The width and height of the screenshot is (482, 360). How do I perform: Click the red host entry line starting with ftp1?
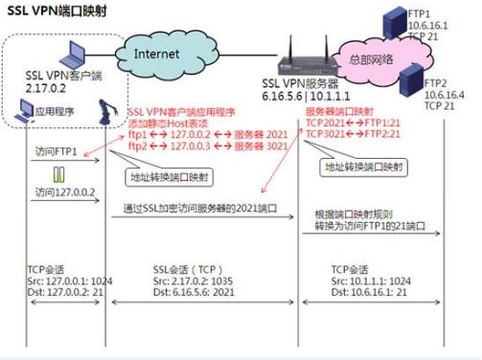pyautogui.click(x=196, y=135)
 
